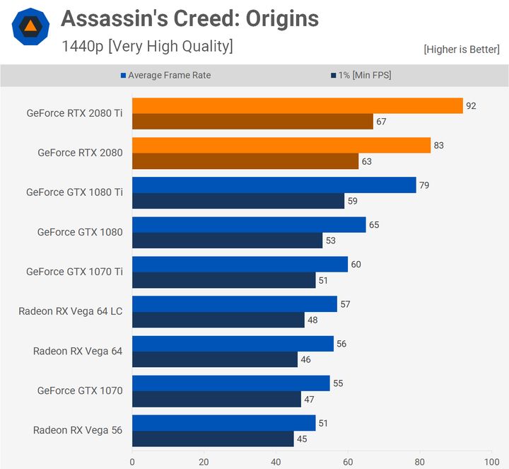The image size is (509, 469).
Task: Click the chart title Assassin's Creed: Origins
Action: [189, 18]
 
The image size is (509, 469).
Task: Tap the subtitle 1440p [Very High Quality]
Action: [147, 47]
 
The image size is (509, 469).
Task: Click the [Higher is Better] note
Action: [462, 50]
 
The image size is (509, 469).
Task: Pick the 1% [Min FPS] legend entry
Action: [361, 75]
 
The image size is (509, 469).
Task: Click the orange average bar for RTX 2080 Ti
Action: [297, 106]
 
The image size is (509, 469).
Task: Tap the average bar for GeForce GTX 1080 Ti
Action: [274, 185]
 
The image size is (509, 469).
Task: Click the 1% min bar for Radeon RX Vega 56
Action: [213, 439]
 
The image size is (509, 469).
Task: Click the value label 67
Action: [381, 122]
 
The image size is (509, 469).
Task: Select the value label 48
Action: [312, 320]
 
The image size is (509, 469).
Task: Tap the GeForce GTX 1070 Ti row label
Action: [74, 271]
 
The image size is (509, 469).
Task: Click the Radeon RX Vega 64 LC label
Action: [70, 311]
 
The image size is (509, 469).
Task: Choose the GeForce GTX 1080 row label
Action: [80, 231]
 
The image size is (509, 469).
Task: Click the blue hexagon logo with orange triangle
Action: [30, 27]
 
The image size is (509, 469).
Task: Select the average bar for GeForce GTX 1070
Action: [230, 383]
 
